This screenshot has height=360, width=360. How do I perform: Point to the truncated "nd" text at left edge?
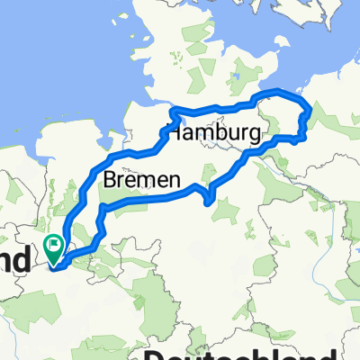click(x=15, y=261)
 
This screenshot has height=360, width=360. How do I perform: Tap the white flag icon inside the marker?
click(x=55, y=242)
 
